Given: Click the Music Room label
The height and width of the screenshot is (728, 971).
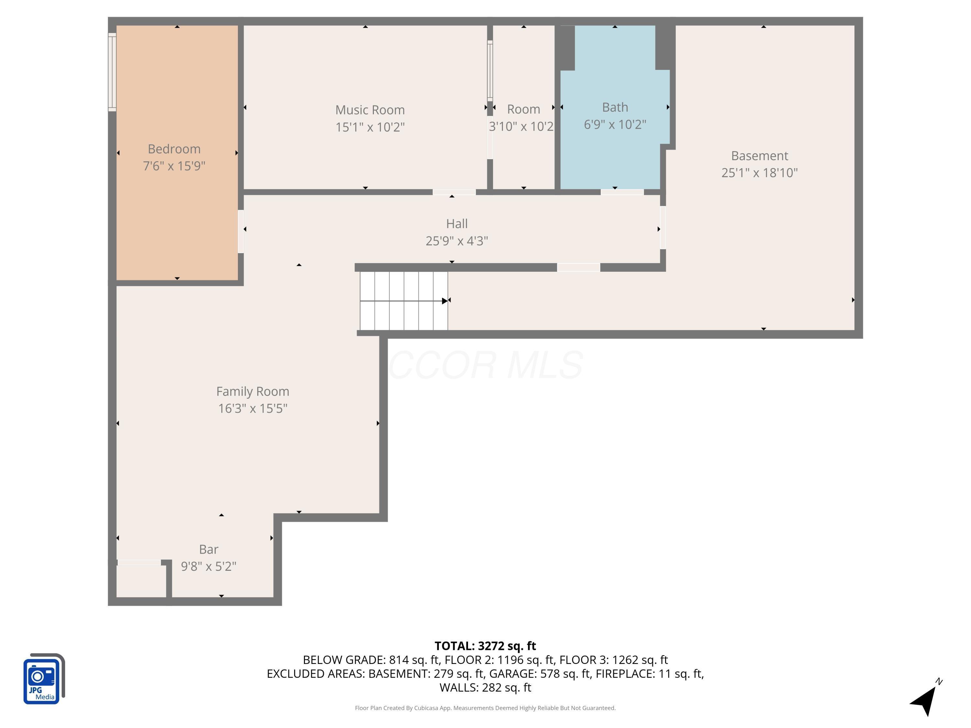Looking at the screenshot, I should pyautogui.click(x=370, y=110).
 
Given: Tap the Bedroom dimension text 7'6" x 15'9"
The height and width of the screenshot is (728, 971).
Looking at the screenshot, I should pyautogui.click(x=174, y=166).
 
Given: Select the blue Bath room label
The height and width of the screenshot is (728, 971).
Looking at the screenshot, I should pyautogui.click(x=615, y=107).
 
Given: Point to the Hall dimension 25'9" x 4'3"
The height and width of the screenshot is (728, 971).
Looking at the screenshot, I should pyautogui.click(x=456, y=241).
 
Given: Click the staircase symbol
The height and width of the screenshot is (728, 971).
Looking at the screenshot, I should pyautogui.click(x=403, y=301).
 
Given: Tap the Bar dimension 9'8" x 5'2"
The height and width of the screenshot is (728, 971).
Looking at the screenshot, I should pyautogui.click(x=208, y=566).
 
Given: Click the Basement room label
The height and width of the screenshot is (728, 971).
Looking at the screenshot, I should pyautogui.click(x=759, y=156).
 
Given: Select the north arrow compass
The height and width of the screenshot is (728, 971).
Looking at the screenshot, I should pyautogui.click(x=925, y=698).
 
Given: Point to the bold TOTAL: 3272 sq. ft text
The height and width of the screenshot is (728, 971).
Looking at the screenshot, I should pyautogui.click(x=485, y=646).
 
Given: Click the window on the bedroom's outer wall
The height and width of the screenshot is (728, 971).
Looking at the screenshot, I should pyautogui.click(x=112, y=72).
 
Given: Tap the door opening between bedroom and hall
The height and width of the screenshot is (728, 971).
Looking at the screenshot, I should pyautogui.click(x=240, y=232).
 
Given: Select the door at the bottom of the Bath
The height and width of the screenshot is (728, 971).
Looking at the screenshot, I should pyautogui.click(x=621, y=192).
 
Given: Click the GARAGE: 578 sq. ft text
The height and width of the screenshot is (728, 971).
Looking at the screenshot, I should pyautogui.click(x=540, y=674).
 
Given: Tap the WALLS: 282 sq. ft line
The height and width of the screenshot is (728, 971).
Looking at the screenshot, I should pyautogui.click(x=485, y=687).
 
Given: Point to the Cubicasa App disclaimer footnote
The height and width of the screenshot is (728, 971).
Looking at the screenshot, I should pyautogui.click(x=485, y=708).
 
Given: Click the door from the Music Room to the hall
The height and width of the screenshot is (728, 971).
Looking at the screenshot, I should pyautogui.click(x=454, y=192).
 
